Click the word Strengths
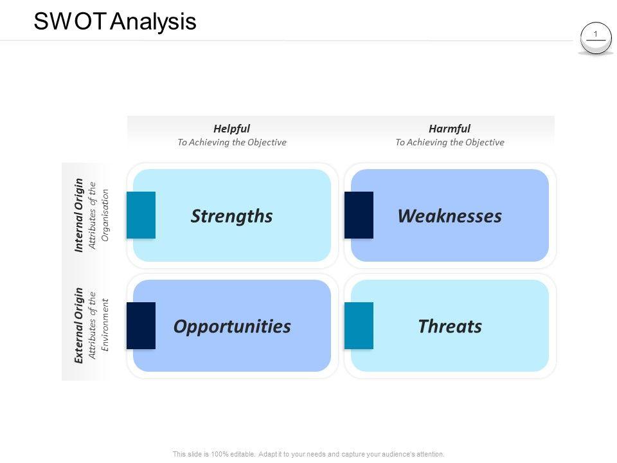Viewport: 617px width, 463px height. coord(231,216)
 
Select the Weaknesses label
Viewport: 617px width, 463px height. coord(449,216)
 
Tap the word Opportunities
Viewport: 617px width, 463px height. coord(232,327)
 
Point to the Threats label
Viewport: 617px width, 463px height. coord(450,327)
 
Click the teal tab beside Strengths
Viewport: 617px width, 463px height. coord(141,215)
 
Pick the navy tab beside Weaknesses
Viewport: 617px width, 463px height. coord(359,215)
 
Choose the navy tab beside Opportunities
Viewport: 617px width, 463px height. coord(141,325)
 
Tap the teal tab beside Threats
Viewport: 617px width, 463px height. coord(359,325)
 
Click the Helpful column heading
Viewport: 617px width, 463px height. coord(231,129)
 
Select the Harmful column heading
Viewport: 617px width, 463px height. coord(449,129)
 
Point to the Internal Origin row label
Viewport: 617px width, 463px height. coord(79,215)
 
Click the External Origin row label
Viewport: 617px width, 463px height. coord(79,325)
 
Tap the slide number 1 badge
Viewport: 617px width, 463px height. coord(596,35)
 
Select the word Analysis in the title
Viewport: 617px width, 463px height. coord(153,21)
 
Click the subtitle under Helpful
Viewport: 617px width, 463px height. coord(231,142)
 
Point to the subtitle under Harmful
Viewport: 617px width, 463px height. coord(449,142)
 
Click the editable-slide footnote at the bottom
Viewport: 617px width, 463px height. coord(308,454)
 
